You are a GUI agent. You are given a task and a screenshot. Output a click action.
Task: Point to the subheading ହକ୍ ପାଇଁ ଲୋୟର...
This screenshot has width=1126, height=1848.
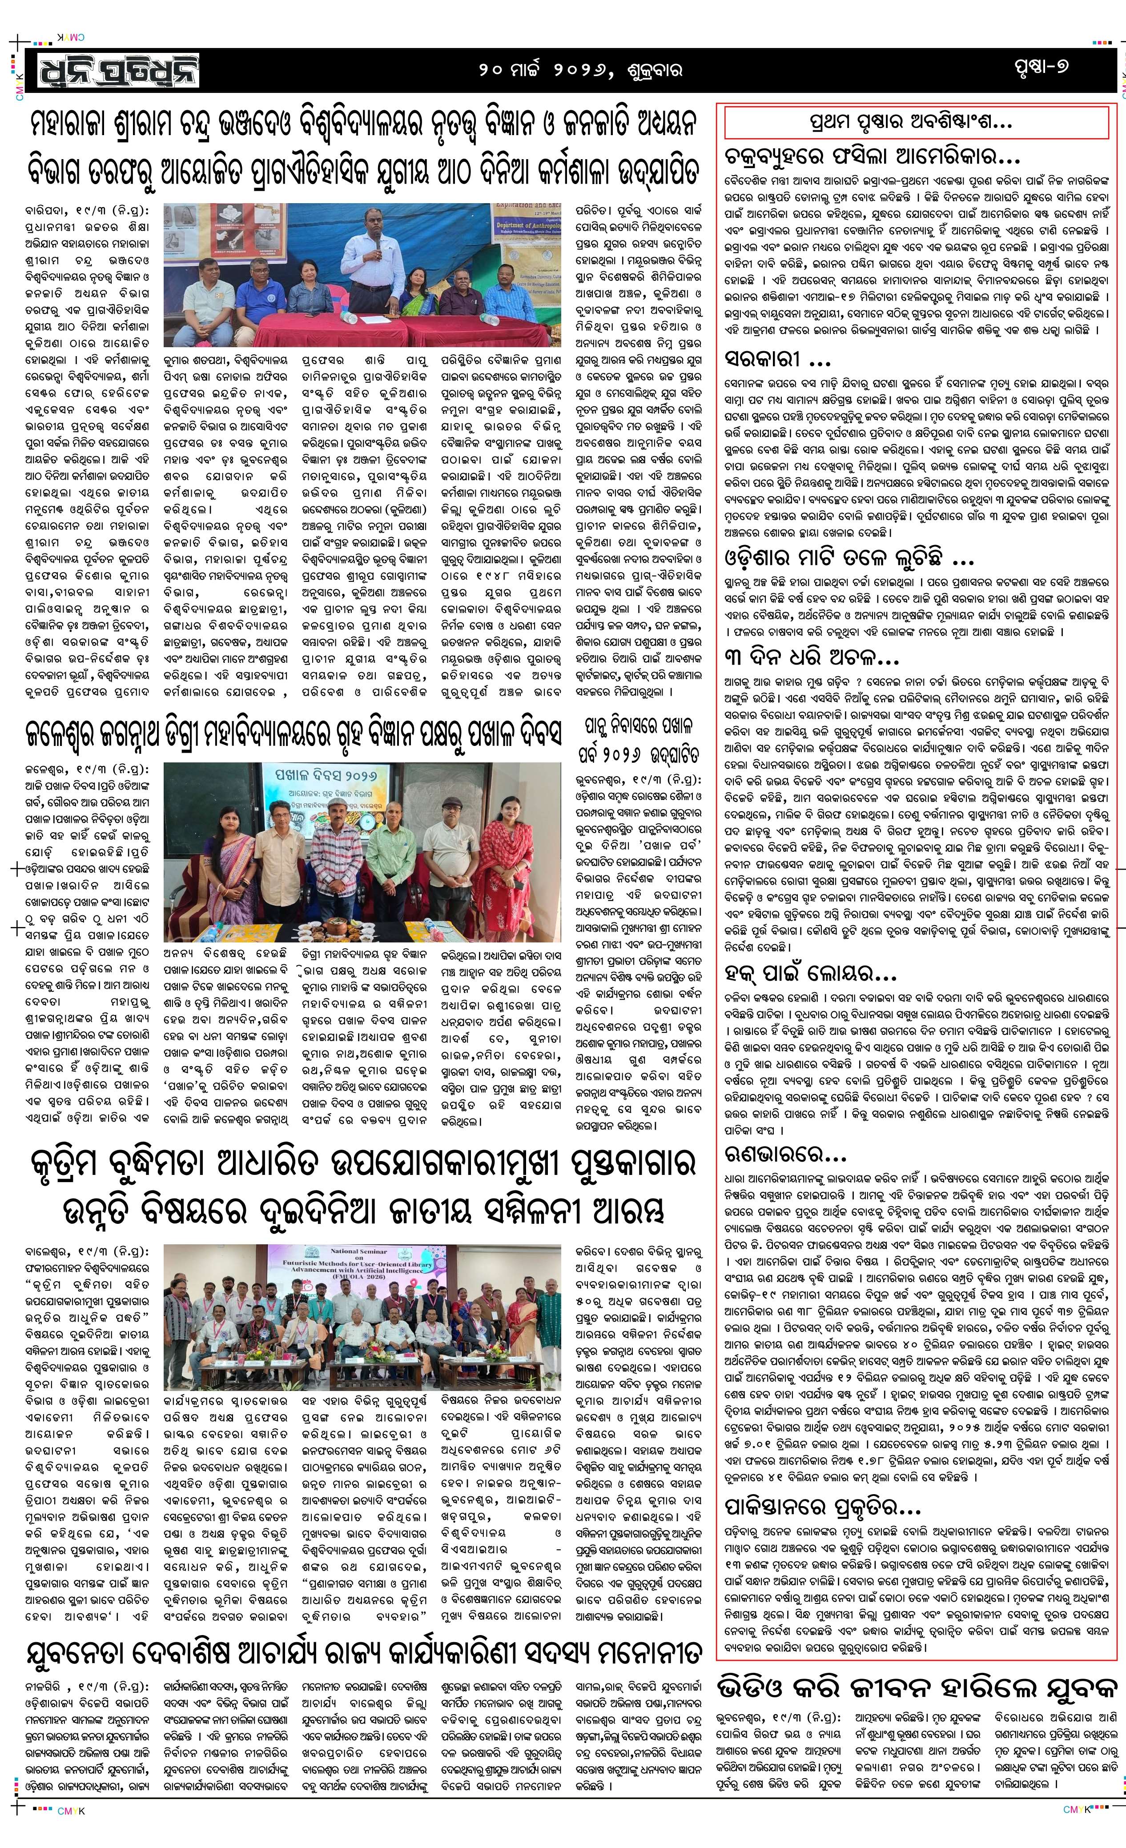pos(810,974)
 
